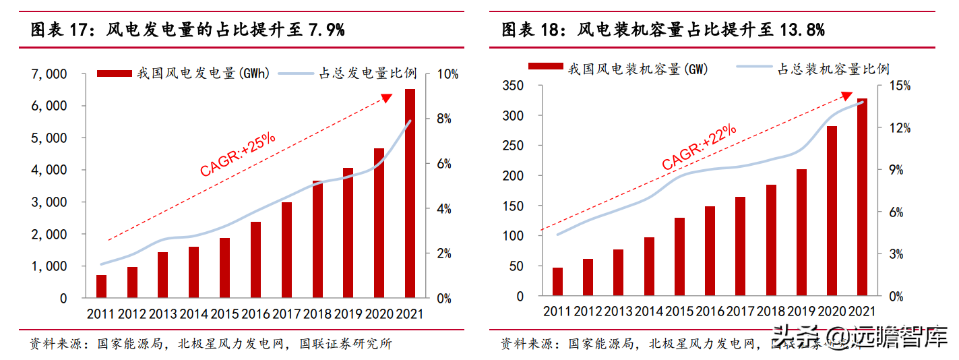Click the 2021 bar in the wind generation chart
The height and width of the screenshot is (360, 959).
(x=410, y=193)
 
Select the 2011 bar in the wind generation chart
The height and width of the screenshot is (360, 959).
(x=101, y=287)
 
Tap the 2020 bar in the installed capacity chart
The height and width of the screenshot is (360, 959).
(x=832, y=211)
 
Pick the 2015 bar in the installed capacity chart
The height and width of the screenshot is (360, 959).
(x=679, y=257)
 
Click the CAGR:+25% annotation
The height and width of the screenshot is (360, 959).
(x=237, y=154)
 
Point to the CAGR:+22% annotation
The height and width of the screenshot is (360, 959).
(x=699, y=147)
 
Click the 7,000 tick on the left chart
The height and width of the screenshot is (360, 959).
(x=49, y=73)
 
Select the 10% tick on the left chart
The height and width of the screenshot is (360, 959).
(x=447, y=73)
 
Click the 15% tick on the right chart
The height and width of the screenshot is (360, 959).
(x=899, y=86)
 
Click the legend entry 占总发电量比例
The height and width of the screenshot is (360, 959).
(x=367, y=73)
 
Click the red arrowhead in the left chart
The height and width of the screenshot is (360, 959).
(x=387, y=98)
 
